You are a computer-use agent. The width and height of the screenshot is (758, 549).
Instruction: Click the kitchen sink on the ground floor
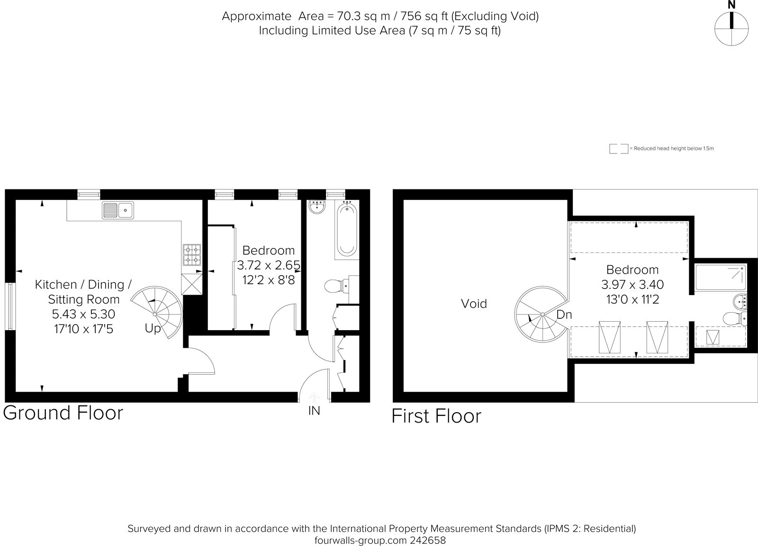(118, 209)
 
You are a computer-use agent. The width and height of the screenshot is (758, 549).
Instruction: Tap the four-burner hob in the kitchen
(192, 255)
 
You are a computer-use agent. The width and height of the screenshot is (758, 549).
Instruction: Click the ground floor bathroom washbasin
(316, 207)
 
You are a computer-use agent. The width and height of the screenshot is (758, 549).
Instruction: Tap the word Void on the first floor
(474, 304)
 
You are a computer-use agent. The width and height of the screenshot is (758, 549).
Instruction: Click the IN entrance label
(314, 411)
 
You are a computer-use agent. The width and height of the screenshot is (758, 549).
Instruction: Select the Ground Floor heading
(63, 413)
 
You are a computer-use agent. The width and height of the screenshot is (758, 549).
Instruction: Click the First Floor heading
(436, 416)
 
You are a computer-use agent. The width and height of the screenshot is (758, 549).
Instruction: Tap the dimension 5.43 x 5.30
(83, 314)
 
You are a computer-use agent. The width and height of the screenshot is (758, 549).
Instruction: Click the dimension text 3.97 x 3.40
(632, 285)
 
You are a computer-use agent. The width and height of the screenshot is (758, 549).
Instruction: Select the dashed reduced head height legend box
(618, 149)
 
